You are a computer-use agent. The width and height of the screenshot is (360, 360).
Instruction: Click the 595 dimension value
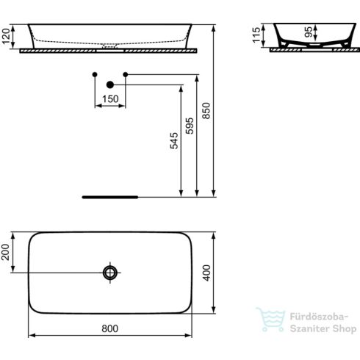tap(190, 126)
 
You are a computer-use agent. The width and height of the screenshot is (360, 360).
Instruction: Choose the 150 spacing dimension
tap(110, 98)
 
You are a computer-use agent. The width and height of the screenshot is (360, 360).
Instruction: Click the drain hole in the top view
tap(111, 273)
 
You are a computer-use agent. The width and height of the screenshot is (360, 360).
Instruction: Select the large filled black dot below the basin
tap(110, 84)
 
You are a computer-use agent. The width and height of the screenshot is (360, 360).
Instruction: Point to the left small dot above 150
tap(95, 74)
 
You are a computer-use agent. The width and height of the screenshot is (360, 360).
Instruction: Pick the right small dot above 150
tap(126, 74)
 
